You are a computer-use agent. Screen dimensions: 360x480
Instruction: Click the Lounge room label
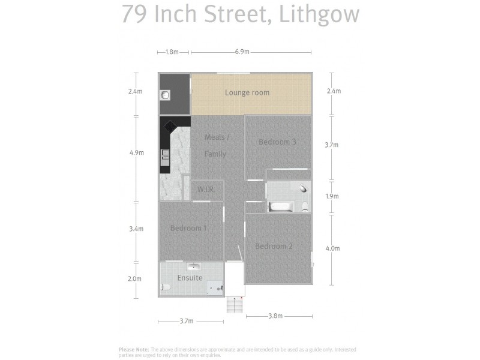tap(247, 92)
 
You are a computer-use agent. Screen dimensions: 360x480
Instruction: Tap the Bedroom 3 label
tap(277, 142)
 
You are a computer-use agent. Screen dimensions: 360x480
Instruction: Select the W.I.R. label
tap(206, 190)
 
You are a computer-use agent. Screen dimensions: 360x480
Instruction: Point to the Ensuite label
tap(190, 278)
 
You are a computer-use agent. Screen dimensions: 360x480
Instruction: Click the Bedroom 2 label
tap(274, 247)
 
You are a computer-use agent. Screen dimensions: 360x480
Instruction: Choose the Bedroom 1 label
tap(188, 228)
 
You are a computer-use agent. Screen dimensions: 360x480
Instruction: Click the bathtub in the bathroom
tap(281, 206)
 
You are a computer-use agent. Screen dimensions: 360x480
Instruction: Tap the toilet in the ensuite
tap(165, 288)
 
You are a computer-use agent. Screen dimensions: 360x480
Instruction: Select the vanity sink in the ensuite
tap(193, 266)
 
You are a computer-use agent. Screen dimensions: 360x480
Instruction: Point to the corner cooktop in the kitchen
tap(169, 127)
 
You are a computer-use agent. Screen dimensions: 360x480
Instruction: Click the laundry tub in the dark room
tap(166, 95)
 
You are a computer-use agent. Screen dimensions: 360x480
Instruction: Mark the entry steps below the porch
tap(235, 306)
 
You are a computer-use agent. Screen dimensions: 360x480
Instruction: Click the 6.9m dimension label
tap(242, 52)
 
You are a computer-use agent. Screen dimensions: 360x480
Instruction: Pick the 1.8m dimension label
tap(172, 52)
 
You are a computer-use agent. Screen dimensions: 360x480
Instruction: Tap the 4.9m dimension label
tap(136, 153)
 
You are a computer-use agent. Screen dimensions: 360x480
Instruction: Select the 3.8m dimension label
tap(275, 316)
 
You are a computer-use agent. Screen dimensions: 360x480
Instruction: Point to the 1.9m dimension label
tap(332, 196)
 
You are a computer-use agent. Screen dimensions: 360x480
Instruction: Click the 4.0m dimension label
tap(332, 248)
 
